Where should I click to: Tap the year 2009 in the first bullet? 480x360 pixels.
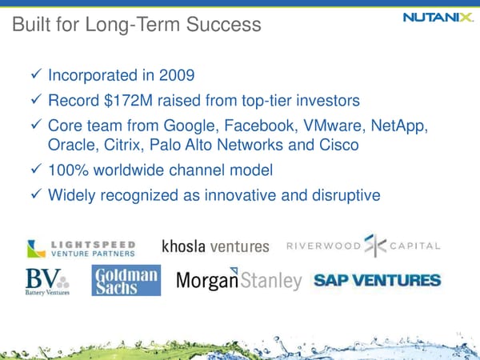click(x=177, y=77)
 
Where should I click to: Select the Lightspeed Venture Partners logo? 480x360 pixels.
click(x=81, y=248)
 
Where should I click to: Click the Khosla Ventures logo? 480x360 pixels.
click(x=216, y=246)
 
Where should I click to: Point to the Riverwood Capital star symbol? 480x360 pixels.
click(x=374, y=246)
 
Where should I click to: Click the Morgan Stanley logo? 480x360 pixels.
click(x=238, y=282)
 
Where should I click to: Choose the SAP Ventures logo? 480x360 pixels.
click(x=376, y=281)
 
